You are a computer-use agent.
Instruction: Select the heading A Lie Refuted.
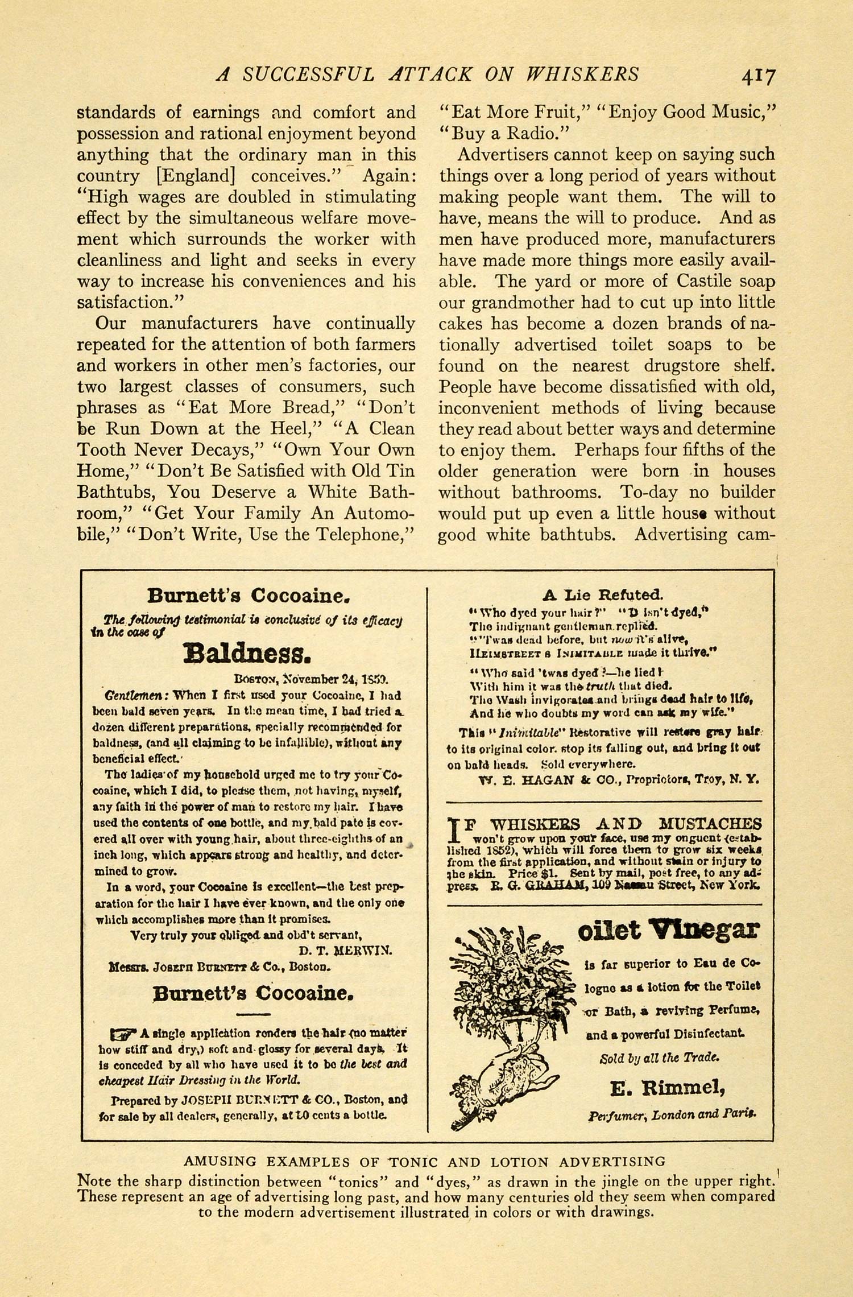(x=603, y=596)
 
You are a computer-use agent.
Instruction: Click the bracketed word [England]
(x=197, y=176)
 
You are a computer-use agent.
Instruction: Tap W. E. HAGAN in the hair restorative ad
(x=513, y=779)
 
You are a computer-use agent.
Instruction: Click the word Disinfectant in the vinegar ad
(x=707, y=1034)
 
